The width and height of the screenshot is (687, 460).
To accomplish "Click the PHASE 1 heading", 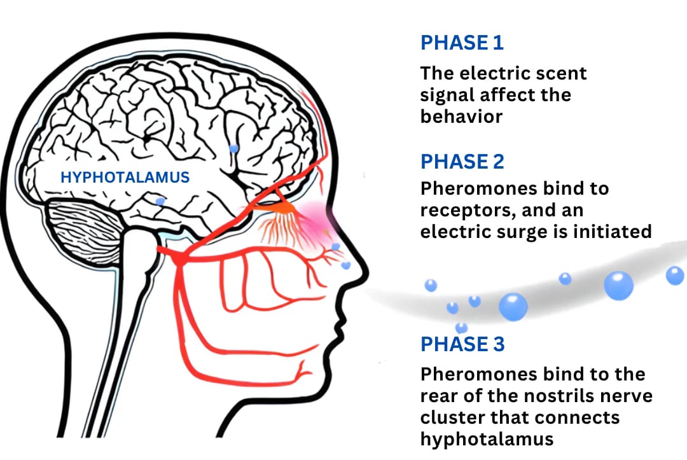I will coord(462,43).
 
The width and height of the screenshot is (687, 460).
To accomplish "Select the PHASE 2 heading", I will coord(462,161).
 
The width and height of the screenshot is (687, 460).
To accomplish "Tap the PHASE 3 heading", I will coord(462,344).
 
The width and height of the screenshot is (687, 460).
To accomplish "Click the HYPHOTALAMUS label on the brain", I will coord(125,177).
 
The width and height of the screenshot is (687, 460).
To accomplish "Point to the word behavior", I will coord(462,117).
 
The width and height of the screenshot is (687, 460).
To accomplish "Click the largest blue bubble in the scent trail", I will coord(513,307).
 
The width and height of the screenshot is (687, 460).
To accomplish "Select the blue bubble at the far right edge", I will coord(674,275).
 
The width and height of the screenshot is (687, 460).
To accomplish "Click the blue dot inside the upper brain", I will coord(233,148).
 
